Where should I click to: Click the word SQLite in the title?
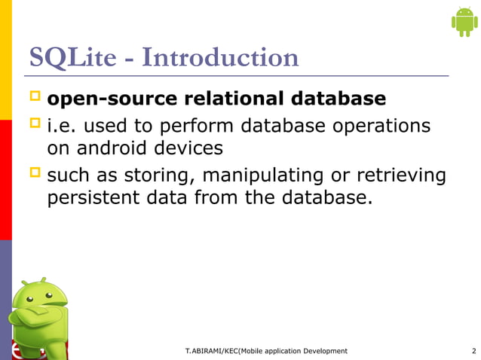click(x=69, y=58)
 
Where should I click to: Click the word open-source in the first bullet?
click(x=108, y=99)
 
